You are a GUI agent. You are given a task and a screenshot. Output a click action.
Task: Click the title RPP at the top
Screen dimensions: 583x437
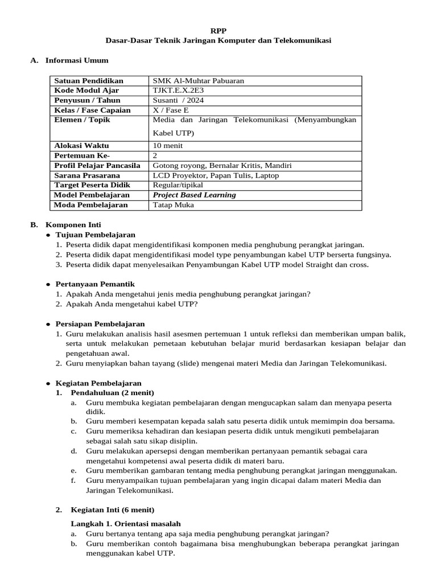pos(218,31)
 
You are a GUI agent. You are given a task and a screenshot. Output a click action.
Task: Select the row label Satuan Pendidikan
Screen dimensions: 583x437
pos(88,81)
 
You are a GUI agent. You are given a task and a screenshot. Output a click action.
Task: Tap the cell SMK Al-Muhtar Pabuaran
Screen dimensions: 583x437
pos(199,81)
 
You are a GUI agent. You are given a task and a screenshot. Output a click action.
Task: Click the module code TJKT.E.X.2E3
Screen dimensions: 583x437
pos(179,91)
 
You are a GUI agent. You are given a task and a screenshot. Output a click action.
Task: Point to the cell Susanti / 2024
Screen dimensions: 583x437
pos(178,100)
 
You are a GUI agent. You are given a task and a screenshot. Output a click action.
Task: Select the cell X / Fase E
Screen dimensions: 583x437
pos(170,110)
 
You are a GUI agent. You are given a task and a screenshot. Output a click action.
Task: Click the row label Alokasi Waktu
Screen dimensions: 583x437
pos(81,146)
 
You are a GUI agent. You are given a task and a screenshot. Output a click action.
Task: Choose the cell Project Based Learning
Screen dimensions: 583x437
pos(195,195)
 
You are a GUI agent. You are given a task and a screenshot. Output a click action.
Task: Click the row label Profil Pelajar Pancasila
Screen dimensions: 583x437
pos(97,166)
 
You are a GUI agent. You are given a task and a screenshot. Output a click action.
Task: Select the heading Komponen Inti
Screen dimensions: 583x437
pos(73,225)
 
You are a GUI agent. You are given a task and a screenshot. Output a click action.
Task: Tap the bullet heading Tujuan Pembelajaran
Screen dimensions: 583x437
pos(95,235)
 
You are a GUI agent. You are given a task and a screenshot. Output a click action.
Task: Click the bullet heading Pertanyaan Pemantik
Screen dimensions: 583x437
pos(95,284)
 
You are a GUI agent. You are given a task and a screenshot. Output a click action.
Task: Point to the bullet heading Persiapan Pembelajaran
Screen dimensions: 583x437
pos(100,323)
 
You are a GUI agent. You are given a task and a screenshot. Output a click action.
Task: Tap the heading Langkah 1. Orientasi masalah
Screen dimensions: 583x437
pos(125,523)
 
